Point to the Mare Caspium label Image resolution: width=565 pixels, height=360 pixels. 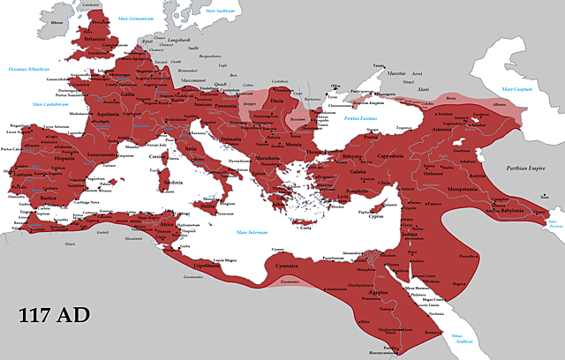click(518, 89)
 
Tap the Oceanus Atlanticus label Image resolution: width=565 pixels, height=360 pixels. click(29, 69)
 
